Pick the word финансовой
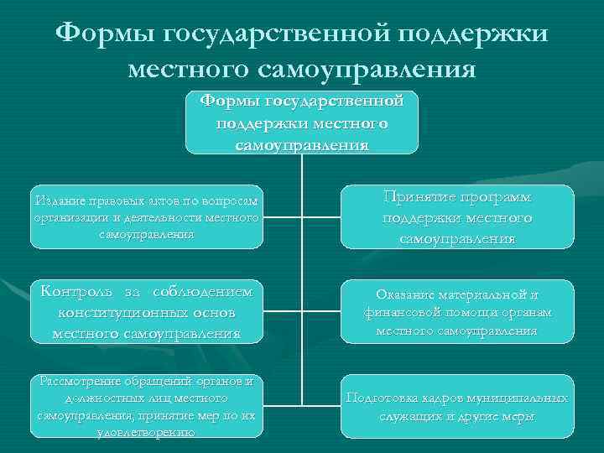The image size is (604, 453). point(404,313)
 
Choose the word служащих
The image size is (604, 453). point(409,416)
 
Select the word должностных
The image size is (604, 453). point(80,398)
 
